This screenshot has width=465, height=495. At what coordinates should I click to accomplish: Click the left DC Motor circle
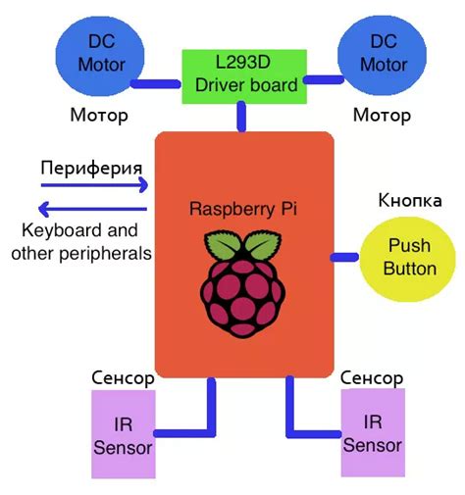pos(100,55)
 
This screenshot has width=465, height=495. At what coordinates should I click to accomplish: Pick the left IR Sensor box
pos(125,435)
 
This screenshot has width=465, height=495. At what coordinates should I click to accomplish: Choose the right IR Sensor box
pos(373,434)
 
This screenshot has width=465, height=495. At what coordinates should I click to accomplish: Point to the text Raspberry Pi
pos(242,209)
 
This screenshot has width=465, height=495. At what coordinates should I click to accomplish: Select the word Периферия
pos(86,165)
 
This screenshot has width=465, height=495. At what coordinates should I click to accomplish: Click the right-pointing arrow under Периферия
pos(94,183)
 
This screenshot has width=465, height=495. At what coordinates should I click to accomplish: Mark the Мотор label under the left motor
pos(99,116)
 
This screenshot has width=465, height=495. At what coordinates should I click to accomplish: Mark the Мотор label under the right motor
pos(382,116)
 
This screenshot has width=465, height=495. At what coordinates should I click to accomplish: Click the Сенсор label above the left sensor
pos(123,376)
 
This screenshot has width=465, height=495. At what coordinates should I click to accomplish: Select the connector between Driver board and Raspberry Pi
pos(240,119)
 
